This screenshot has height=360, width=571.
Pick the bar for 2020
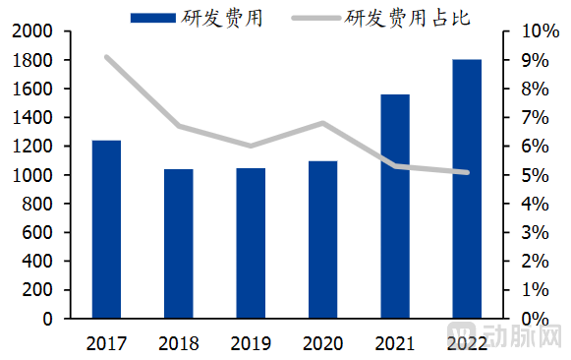(322, 240)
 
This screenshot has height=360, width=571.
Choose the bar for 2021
(395, 207)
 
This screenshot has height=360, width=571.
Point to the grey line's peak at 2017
(106, 57)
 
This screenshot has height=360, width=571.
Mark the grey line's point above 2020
(322, 123)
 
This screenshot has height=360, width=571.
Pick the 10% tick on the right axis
(531, 31)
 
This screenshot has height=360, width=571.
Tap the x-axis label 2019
(251, 343)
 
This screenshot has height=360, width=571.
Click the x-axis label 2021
(395, 343)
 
